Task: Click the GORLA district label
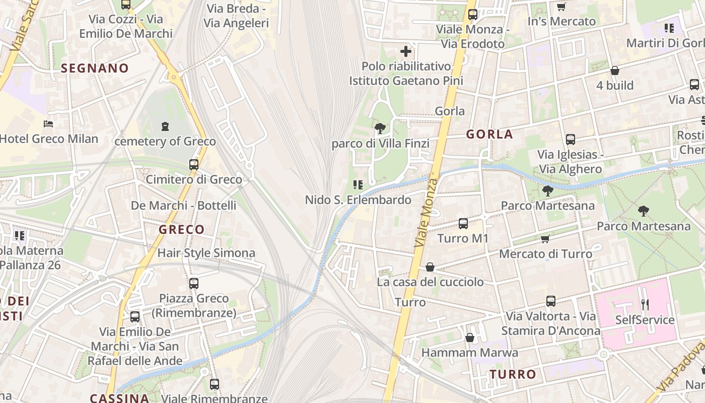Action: pos(489,134)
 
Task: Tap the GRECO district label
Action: pos(181,230)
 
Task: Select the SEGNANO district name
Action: pos(95,69)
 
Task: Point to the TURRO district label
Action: pos(513,374)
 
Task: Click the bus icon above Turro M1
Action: pos(463,223)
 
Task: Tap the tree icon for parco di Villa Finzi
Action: pos(380,128)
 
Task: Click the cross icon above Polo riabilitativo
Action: pos(406,51)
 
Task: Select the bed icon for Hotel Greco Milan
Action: pos(48,123)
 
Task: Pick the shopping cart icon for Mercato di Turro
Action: pos(545,239)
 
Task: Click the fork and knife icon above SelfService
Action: pos(645,304)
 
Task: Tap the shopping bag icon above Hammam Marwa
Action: pos(469,337)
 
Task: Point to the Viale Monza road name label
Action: pos(426,212)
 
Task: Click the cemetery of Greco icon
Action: pos(165,126)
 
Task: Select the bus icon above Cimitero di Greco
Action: pos(194,164)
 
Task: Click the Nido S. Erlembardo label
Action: pos(358,200)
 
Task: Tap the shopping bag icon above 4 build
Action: pos(614,71)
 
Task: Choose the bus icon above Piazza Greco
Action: pos(194,284)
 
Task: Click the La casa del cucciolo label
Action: pos(430,282)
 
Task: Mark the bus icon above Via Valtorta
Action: pos(551,301)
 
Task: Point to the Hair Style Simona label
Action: pos(206,253)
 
